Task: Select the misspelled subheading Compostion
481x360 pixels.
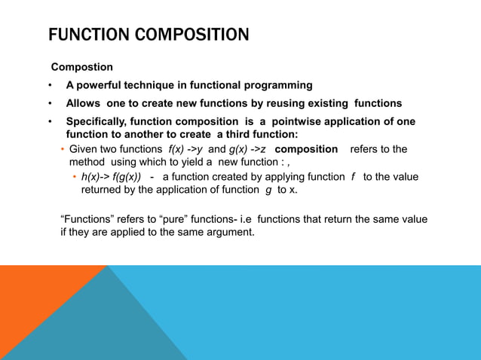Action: tap(81, 67)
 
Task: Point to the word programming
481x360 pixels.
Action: tap(277, 85)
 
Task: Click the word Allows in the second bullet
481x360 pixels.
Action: tap(84, 103)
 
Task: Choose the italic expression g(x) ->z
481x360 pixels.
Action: tap(247, 149)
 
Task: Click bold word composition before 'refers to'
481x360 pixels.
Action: tap(306, 149)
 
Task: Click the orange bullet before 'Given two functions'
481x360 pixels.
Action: tap(63, 149)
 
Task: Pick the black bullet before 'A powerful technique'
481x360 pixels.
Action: tap(50, 85)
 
